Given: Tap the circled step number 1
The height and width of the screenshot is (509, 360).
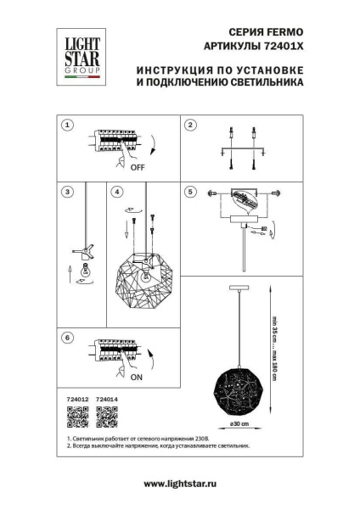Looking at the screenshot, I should pos(67,125).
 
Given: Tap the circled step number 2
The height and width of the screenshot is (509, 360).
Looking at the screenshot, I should pos(192,125).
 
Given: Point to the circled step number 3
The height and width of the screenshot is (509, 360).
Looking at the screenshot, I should pos(67,192).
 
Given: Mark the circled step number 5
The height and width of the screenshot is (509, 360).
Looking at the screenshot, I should pos(192,192).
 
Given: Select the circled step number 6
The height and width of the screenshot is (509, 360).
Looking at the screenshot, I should pos(67,338).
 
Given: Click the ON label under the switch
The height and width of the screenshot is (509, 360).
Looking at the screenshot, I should pos(137,379).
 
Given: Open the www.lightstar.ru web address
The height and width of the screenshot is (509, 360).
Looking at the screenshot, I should pos(179,483).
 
